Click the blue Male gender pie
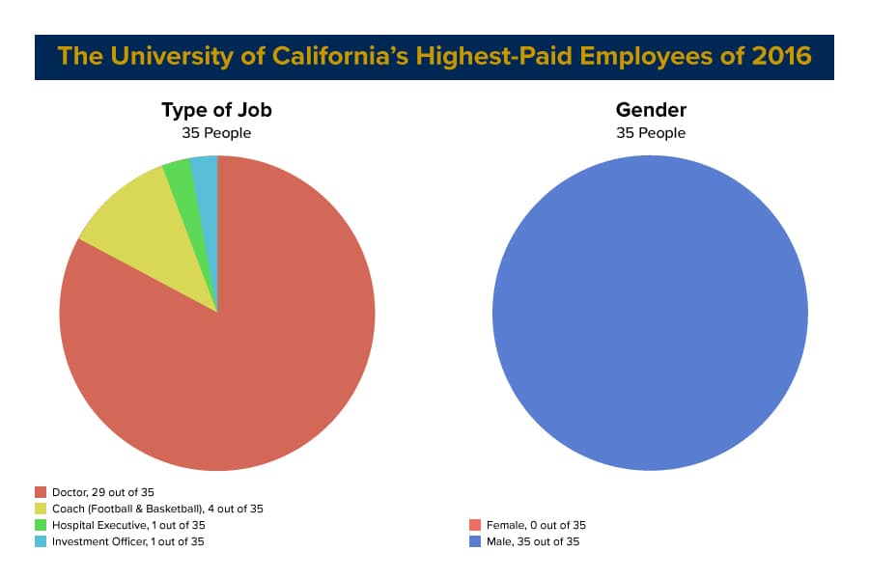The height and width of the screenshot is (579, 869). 650,313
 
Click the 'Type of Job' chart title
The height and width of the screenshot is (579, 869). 216,110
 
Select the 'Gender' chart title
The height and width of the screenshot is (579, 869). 651,110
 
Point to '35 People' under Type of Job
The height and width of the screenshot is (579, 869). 216,133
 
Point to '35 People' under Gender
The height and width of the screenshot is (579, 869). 651,133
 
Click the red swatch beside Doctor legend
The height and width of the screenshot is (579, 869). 41,492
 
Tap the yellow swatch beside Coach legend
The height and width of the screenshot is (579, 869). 41,509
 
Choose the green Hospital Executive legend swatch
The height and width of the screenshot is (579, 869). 41,525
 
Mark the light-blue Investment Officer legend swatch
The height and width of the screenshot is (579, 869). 41,541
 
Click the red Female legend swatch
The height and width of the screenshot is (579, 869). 475,525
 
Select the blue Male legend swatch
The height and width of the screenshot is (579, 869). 475,541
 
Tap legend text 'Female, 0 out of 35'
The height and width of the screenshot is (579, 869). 535,525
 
